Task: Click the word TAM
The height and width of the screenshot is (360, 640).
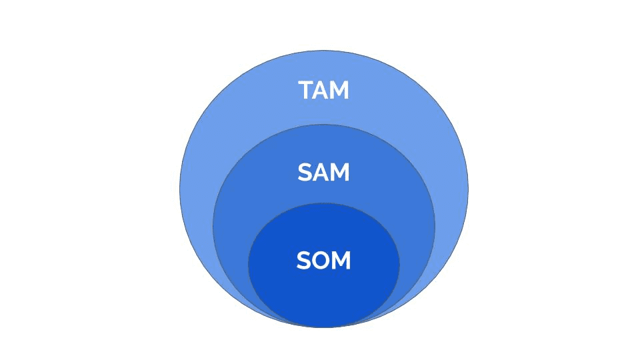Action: tap(324, 90)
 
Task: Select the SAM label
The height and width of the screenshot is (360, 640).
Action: tap(324, 172)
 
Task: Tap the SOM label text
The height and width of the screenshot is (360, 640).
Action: tap(324, 261)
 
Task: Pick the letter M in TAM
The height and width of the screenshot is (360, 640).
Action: tap(341, 90)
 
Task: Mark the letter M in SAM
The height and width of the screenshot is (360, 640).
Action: tap(341, 172)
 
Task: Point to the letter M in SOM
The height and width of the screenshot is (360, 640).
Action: tap(341, 261)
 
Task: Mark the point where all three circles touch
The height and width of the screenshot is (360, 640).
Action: tap(324, 327)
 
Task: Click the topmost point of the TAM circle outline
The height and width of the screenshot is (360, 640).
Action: tap(324, 51)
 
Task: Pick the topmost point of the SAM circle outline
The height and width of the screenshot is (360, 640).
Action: tap(324, 125)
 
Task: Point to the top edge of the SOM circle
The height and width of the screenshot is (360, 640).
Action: tap(324, 203)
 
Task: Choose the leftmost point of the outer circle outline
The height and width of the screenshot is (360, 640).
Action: tap(180, 189)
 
